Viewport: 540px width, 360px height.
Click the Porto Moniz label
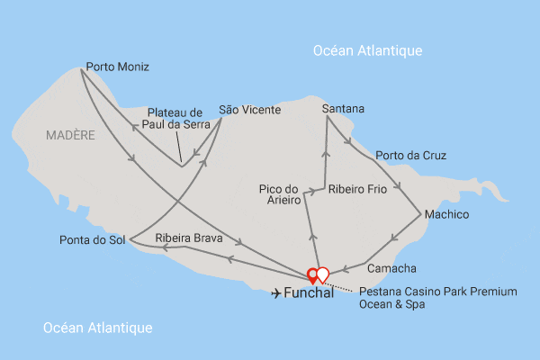pos(117,67)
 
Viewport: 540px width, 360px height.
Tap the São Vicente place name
pos(249,110)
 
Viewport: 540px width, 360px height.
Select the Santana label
pos(343,109)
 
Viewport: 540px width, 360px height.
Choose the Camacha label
pos(391,268)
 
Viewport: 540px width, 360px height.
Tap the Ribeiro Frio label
pos(357,190)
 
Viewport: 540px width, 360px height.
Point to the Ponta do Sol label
pos(92,240)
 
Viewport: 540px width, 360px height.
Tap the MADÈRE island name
pos(68,135)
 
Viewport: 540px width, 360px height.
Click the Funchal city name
pos(309,293)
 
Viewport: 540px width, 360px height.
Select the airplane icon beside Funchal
pos(274,293)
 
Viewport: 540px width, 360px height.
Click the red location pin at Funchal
pos(313,274)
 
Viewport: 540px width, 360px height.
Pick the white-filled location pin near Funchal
pos(323,274)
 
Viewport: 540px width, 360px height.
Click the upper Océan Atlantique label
pos(367,50)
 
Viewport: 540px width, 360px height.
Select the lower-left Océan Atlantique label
pos(97,328)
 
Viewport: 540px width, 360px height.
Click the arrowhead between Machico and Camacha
pos(393,239)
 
